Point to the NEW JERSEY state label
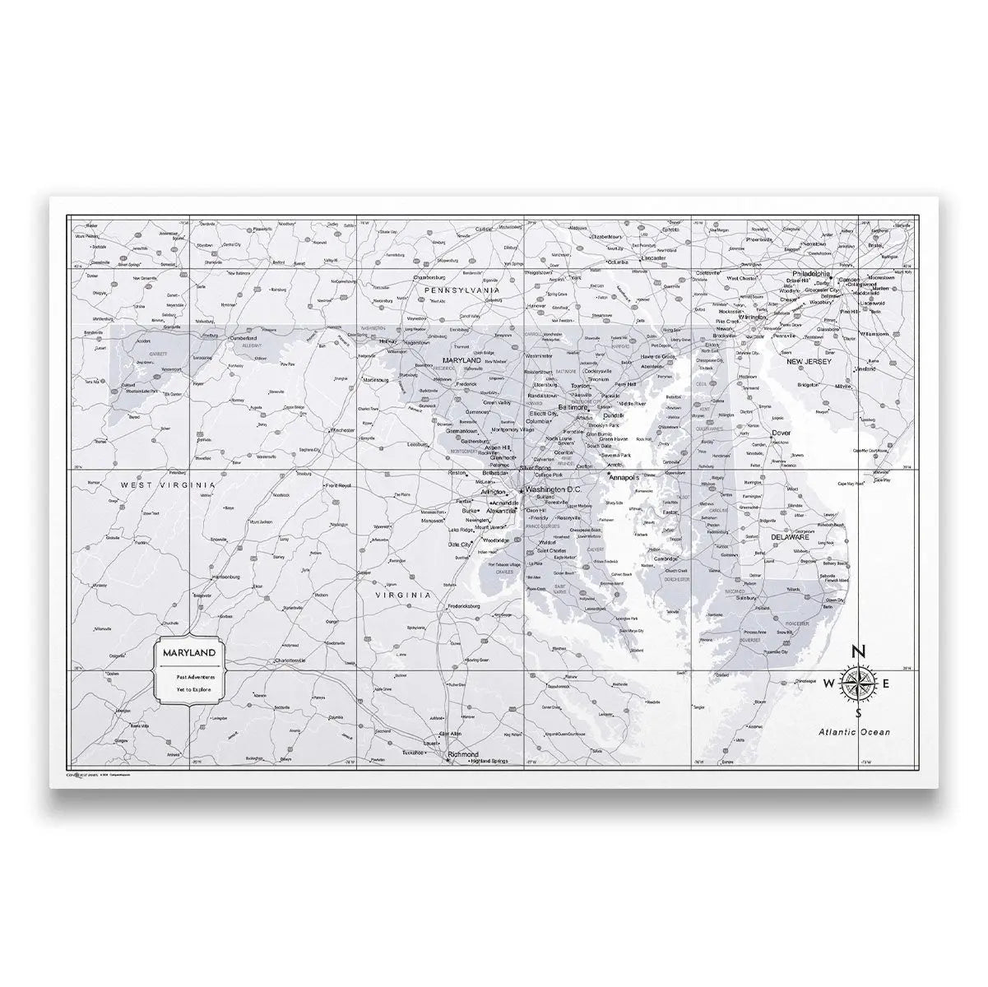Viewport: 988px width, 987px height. click(809, 361)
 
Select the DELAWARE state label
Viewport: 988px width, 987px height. click(790, 537)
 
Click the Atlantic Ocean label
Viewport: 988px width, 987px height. click(853, 731)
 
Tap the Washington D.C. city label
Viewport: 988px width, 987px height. click(553, 489)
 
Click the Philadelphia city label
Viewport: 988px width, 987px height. click(812, 273)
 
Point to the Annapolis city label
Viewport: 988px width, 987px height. click(628, 476)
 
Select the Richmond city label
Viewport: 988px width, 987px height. click(462, 753)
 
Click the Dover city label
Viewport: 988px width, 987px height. click(781, 433)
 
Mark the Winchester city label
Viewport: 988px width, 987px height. click(341, 430)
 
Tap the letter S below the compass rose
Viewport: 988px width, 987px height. click(858, 712)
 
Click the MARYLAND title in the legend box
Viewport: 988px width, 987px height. click(189, 652)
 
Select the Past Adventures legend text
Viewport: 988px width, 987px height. click(190, 676)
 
